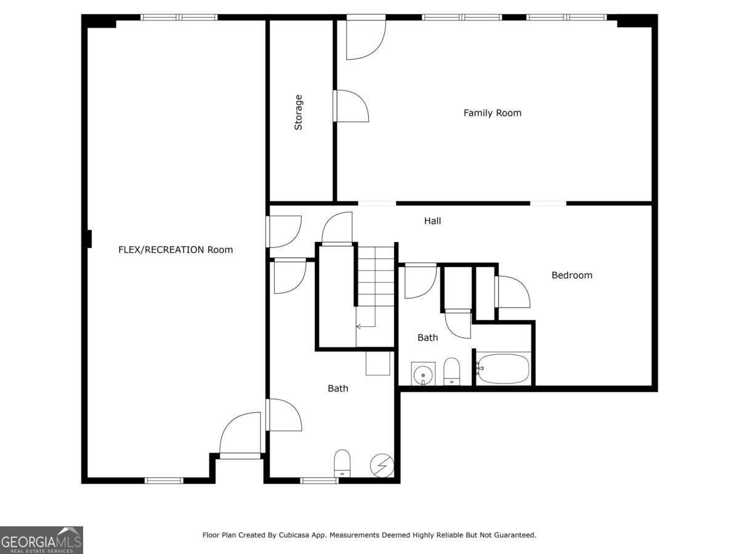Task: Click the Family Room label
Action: (492, 113)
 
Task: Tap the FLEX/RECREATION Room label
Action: (176, 249)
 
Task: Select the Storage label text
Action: (298, 113)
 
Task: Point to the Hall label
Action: (432, 220)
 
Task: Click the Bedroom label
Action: (571, 275)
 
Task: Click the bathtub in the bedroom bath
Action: (503, 369)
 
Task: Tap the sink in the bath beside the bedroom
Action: (423, 374)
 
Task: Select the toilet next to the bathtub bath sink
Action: (451, 371)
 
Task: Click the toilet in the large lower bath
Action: (342, 463)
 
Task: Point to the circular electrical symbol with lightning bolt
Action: (382, 465)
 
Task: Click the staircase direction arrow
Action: (366, 326)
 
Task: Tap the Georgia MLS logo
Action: (41, 540)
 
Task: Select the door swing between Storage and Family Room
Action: (351, 106)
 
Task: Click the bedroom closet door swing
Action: (512, 292)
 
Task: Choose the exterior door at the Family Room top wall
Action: (366, 37)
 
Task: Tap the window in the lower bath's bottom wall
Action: (319, 481)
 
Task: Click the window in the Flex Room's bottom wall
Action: (164, 481)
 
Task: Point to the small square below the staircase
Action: (378, 363)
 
